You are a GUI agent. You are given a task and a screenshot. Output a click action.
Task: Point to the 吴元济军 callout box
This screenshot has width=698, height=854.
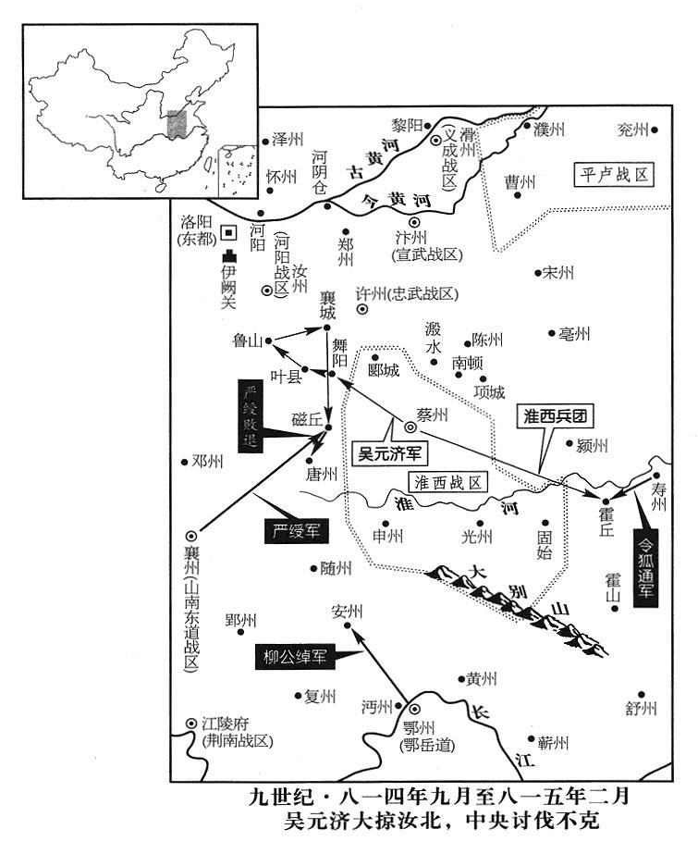390,454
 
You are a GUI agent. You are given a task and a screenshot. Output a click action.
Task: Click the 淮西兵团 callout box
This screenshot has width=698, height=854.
554,415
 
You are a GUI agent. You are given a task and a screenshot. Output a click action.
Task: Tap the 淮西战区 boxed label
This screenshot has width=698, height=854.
447,483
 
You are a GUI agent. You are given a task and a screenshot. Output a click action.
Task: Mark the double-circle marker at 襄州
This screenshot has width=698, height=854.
191,535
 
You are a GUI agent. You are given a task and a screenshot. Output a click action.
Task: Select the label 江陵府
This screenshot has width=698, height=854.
229,724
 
